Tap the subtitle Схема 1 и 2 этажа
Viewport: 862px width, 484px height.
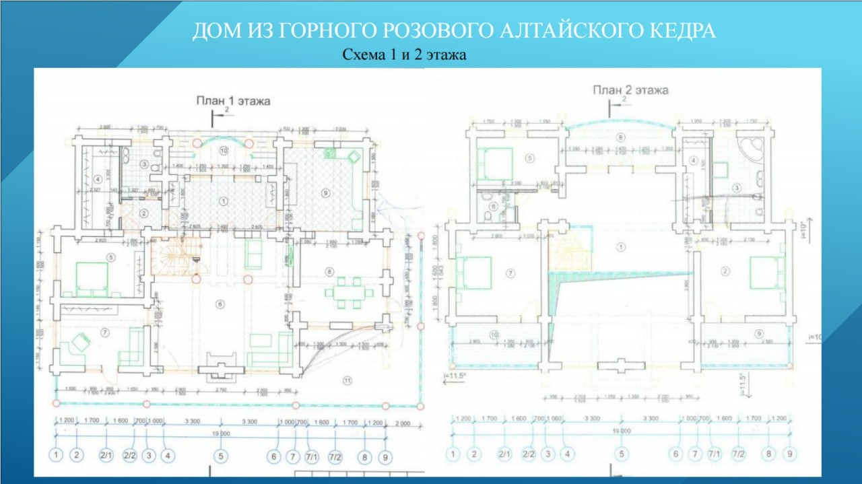pyautogui.click(x=405, y=55)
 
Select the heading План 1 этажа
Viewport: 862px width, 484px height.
pyautogui.click(x=233, y=101)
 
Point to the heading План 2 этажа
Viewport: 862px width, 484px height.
pyautogui.click(x=630, y=90)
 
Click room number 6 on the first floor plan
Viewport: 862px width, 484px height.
pyautogui.click(x=220, y=304)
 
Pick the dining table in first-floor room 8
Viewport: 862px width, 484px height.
pyautogui.click(x=348, y=292)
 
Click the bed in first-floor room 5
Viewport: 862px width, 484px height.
pyautogui.click(x=92, y=277)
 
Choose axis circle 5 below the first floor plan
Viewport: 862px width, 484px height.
pyautogui.click(x=221, y=456)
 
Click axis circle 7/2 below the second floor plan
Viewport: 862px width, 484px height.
pyautogui.click(x=739, y=454)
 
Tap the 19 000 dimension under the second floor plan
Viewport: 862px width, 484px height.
pyautogui.click(x=621, y=431)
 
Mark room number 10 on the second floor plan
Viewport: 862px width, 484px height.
pyautogui.click(x=494, y=335)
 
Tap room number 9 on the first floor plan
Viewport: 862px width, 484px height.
pyautogui.click(x=325, y=193)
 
